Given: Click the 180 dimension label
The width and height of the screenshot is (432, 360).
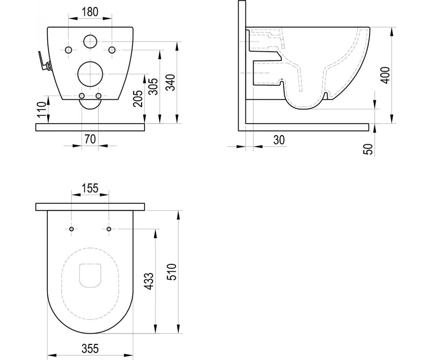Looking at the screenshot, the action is coord(90,12).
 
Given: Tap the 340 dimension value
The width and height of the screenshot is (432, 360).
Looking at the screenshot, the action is coord(171,82).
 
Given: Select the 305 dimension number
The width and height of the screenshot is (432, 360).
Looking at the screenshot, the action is coord(154,87).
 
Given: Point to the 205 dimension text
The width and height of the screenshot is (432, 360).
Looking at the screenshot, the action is coord(138,99).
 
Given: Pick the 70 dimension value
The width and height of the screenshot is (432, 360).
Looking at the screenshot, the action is coord(90,139).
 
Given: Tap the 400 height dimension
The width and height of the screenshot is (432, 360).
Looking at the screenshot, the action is coord(385,75).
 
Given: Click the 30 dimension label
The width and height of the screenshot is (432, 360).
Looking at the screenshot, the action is coord(279,140).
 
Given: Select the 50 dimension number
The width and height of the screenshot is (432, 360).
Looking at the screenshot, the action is coord(368,149).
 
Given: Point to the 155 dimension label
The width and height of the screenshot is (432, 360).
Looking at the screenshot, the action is coord(90,188).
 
